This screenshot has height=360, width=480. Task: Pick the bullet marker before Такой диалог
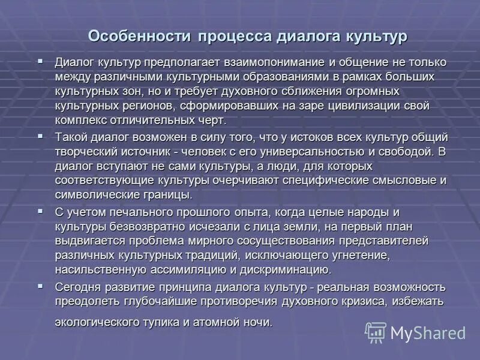pyautogui.click(x=41, y=136)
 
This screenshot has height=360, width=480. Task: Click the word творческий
pyautogui.click(x=86, y=151)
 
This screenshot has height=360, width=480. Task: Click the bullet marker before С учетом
pyautogui.click(x=41, y=211)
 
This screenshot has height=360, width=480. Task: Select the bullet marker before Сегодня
pyautogui.click(x=41, y=286)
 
